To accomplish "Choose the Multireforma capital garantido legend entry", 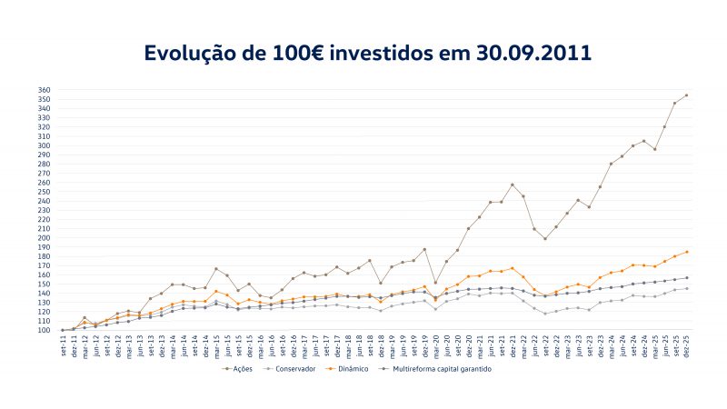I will (x=446, y=369).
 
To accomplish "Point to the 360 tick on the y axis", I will (x=45, y=91).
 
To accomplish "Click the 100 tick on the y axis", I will (x=45, y=330).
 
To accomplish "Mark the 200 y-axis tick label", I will (x=45, y=238).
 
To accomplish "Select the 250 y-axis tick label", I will (x=45, y=192).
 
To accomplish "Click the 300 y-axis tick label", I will (x=45, y=146).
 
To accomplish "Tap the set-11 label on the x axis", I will (x=63, y=345).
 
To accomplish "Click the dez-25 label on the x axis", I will (x=686, y=345).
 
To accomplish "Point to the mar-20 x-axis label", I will (x=435, y=345).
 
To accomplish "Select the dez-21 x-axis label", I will (x=513, y=345).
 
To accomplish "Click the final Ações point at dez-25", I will (x=686, y=95).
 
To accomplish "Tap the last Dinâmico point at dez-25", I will (x=686, y=252).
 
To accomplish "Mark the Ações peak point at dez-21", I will (x=513, y=185).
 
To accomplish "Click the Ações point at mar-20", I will (x=435, y=283).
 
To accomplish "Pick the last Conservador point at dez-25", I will (x=686, y=289).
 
